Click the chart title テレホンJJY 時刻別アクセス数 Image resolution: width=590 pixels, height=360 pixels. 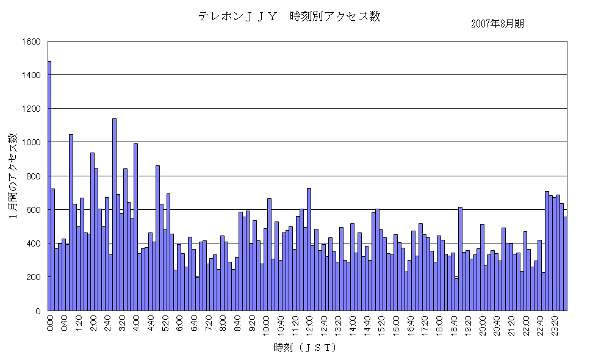tap(289, 16)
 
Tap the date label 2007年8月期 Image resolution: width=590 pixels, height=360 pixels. tap(497, 24)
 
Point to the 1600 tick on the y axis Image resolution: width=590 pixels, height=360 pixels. tap(31, 41)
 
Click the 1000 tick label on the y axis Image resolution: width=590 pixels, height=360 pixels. tap(31, 142)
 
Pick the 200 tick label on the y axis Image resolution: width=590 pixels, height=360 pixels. tap(34, 277)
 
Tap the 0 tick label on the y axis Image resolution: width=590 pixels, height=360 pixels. tap(38, 311)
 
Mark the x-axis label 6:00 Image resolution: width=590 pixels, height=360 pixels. tap(179, 322)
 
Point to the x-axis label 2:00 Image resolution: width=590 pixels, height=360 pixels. tap(93, 322)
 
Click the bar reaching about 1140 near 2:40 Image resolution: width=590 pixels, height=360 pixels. tap(114, 214)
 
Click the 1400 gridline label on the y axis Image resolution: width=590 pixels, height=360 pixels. tap(31, 75)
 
